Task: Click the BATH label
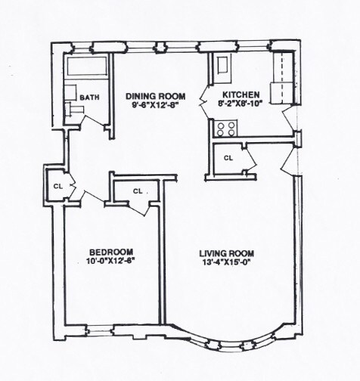tap(89, 97)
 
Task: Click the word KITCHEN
tap(241, 95)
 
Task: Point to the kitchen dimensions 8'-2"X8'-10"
tap(241, 105)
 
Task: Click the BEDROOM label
tap(111, 252)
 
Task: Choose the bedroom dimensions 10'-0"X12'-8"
tap(111, 262)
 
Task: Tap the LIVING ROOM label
tap(227, 253)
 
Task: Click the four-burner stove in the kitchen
tap(226, 129)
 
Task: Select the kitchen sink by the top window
tap(224, 66)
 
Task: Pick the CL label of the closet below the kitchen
tap(228, 157)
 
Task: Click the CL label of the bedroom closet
tap(138, 191)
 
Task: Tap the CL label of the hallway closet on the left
tap(57, 184)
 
